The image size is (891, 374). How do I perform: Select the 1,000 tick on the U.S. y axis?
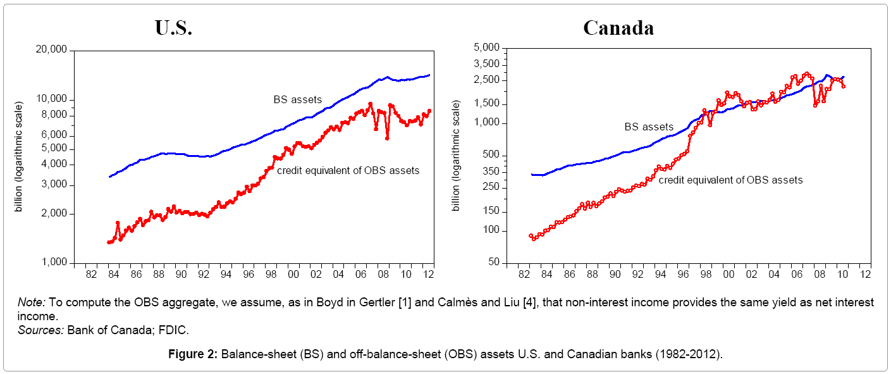[54, 263]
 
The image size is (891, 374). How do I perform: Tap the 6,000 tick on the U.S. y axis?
[54, 135]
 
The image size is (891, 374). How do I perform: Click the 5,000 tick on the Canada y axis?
[486, 48]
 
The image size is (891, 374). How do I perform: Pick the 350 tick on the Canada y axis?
[490, 171]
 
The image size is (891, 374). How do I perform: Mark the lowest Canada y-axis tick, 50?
[493, 263]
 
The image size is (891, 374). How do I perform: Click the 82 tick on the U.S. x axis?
[91, 274]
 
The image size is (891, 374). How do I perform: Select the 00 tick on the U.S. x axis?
[293, 274]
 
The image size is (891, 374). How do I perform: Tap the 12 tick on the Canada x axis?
[866, 274]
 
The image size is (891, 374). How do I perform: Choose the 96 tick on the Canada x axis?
[683, 274]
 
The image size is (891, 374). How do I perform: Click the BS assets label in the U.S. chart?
[297, 99]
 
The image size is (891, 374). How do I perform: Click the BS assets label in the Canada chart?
[649, 127]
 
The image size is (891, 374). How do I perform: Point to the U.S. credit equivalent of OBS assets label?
[348, 170]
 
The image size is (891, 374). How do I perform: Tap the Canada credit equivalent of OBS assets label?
[730, 180]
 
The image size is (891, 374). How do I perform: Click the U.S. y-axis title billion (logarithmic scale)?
[20, 156]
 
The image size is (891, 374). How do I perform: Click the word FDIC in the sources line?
[176, 330]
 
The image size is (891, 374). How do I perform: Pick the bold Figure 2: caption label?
[194, 354]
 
